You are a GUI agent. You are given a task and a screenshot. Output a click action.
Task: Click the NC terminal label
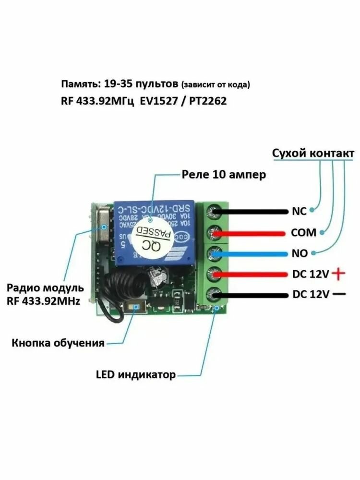pyautogui.click(x=299, y=211)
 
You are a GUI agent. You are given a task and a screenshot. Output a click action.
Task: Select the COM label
pyautogui.click(x=303, y=232)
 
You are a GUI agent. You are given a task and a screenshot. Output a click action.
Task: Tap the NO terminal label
pyautogui.click(x=299, y=253)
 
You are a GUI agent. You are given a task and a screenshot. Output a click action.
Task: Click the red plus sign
pyautogui.click(x=339, y=274)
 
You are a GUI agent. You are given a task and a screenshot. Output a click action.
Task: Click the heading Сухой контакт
pyautogui.click(x=313, y=153)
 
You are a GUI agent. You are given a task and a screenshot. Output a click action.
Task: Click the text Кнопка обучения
pyautogui.click(x=58, y=343)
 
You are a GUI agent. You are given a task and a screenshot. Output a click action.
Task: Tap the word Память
pyautogui.click(x=80, y=84)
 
